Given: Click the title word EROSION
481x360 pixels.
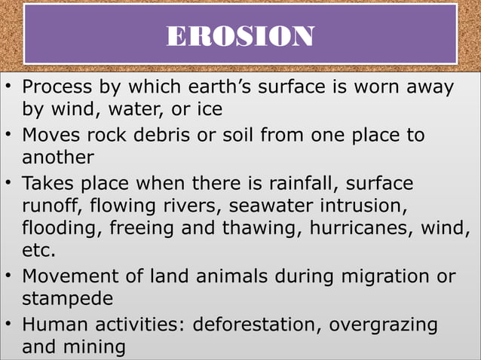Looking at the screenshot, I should tap(240, 35).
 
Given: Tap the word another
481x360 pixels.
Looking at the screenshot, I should tap(58, 157).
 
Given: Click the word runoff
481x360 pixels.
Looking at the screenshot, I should tap(52, 205).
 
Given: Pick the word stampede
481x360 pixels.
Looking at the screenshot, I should tap(68, 299).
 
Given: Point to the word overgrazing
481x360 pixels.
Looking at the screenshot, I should tap(391, 325).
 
